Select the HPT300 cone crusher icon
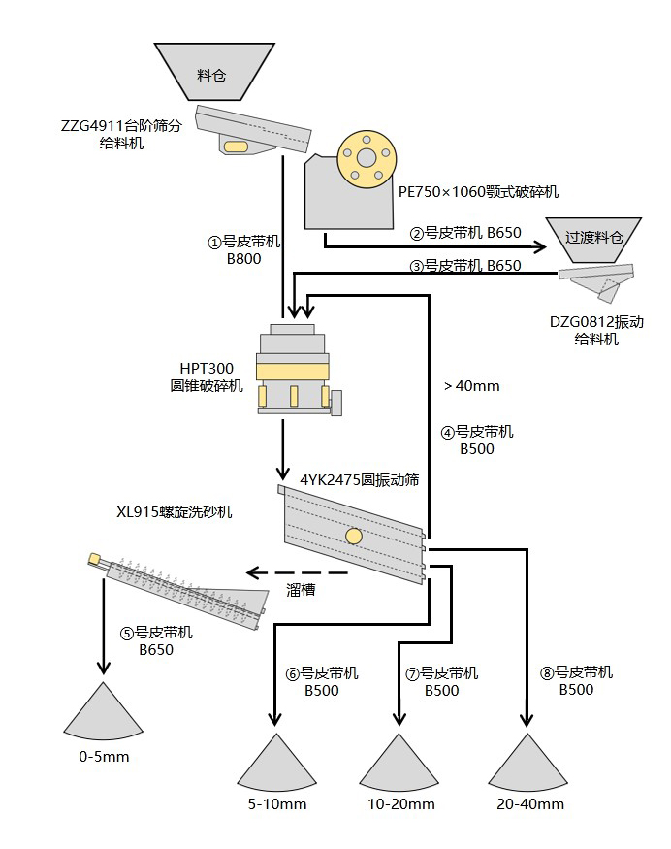point(295,374)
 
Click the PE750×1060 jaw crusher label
point(478,192)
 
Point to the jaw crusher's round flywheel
point(366,157)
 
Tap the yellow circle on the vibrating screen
point(355,537)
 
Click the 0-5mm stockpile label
point(103,757)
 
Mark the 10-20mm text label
point(400,804)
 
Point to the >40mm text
point(472,386)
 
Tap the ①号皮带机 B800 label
point(244,250)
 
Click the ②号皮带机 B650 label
point(465,233)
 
